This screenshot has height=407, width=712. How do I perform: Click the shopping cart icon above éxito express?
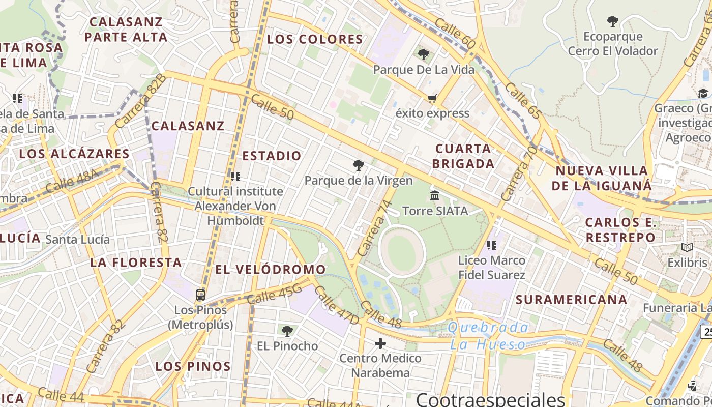coord(432,98)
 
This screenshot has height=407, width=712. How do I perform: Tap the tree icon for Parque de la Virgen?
coord(359,165)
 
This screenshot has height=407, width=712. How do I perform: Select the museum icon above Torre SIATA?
coord(435,195)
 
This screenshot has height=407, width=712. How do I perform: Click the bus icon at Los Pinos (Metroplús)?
coord(200,295)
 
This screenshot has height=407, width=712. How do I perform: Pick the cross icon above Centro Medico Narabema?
coord(380,343)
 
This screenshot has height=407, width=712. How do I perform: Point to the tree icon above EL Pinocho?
coord(287,331)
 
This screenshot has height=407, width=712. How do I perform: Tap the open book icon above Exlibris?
coord(687,248)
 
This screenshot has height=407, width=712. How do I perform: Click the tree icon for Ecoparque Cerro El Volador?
coord(613,21)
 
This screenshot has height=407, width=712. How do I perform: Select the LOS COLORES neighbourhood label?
coord(315,39)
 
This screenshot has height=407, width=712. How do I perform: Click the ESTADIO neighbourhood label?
coord(272,156)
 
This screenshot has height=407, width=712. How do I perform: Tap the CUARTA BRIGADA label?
coord(463,156)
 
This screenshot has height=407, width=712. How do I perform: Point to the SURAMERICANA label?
coord(572,300)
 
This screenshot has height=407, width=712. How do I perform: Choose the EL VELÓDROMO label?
coord(271,270)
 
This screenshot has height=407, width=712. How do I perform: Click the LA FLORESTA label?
coord(136,263)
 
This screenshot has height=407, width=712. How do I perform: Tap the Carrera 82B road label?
coord(140,101)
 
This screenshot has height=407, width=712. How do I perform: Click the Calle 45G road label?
coord(274,295)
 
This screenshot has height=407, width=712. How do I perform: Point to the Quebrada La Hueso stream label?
coord(488,336)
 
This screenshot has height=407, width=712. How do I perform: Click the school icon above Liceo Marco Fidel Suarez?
coord(491,245)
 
